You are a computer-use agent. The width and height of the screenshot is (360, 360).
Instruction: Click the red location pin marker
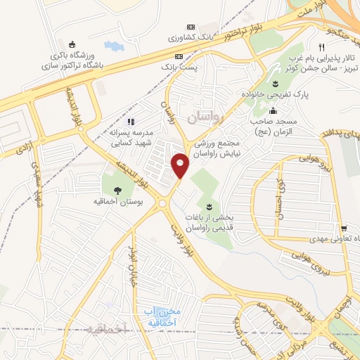pyautogui.click(x=181, y=165)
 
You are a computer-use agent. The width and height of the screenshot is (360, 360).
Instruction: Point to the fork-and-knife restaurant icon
pyautogui.click(x=321, y=47)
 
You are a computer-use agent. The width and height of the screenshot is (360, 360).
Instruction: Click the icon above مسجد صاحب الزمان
pyautogui.click(x=273, y=110)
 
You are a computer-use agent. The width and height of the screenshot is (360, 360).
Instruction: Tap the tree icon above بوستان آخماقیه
pyautogui.click(x=116, y=189)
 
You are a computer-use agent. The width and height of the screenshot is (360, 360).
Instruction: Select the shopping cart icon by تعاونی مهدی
pyautogui.click(x=343, y=229)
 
